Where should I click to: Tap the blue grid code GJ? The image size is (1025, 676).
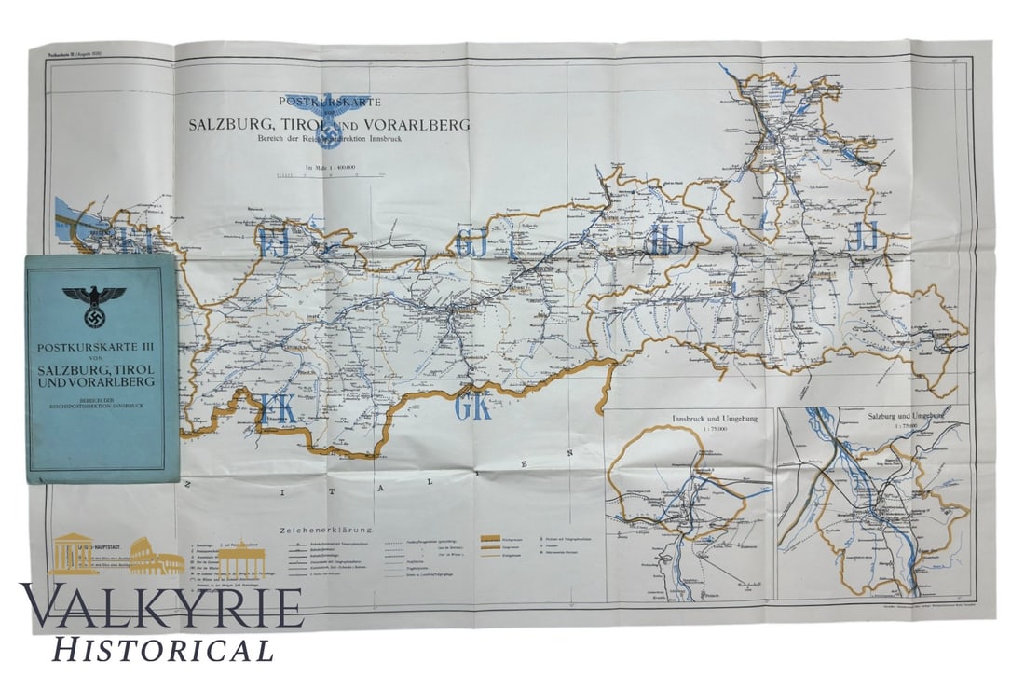coord(474,244)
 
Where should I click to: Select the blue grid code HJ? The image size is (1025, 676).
coord(669,238)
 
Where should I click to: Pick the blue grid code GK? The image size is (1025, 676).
coord(473,407)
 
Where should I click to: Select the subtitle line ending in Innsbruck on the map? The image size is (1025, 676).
coord(330,140)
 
